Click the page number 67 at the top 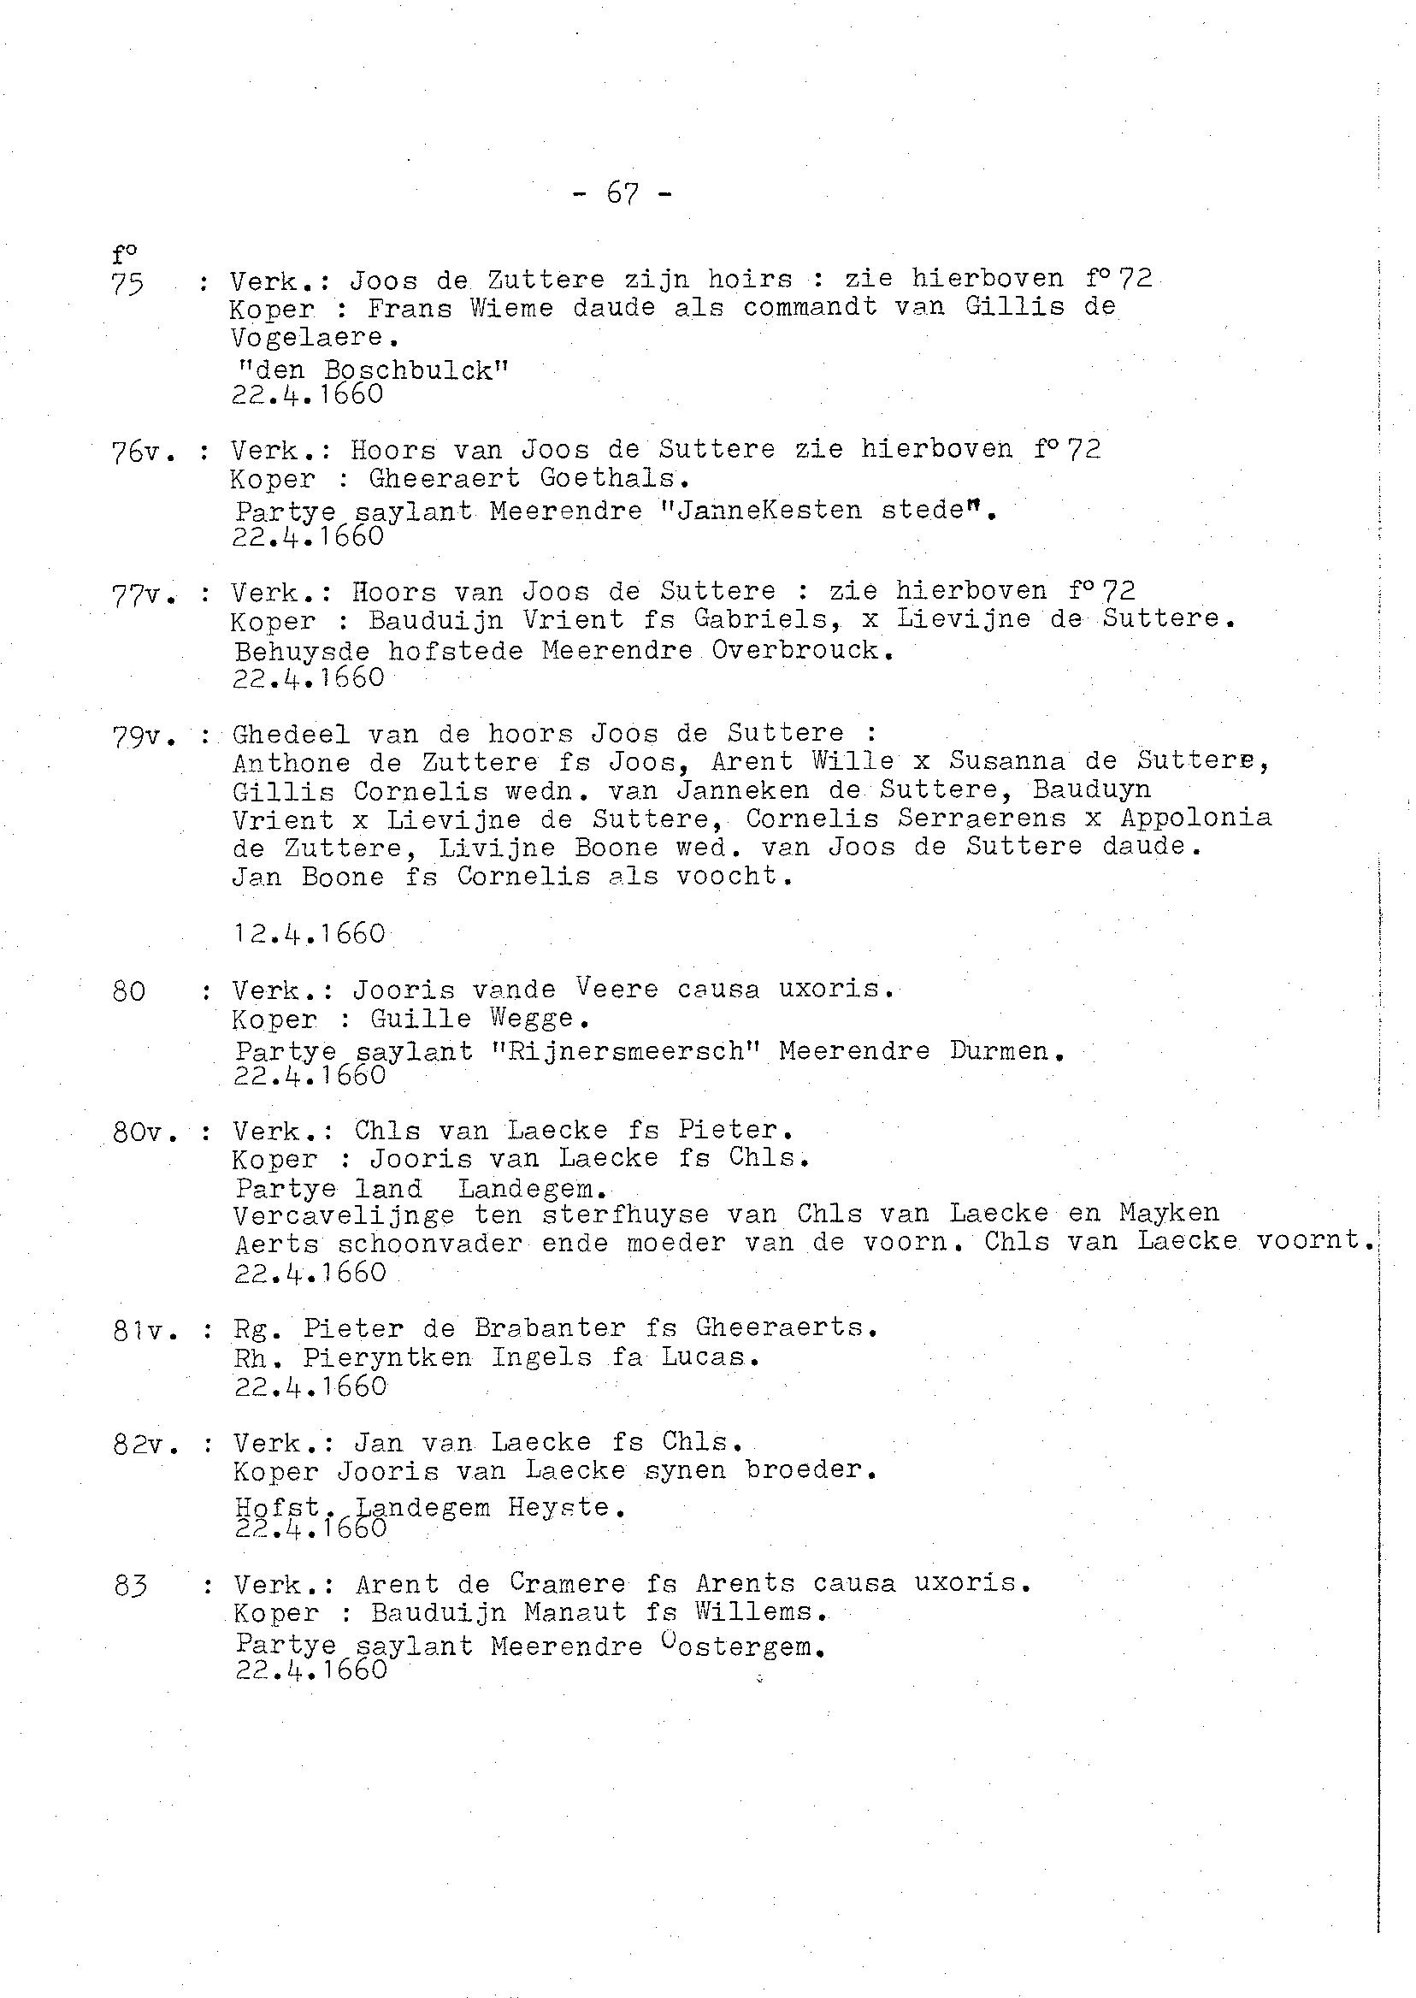(x=622, y=193)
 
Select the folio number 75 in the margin (x=127, y=284)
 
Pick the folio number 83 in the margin (x=130, y=1585)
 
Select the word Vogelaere (x=307, y=338)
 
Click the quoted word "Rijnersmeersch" (x=627, y=1050)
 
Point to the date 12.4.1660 (x=309, y=934)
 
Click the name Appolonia (x=1196, y=818)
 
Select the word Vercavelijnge (x=345, y=1215)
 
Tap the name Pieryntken (x=387, y=1358)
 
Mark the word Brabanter (x=550, y=1328)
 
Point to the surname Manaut (x=575, y=1612)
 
